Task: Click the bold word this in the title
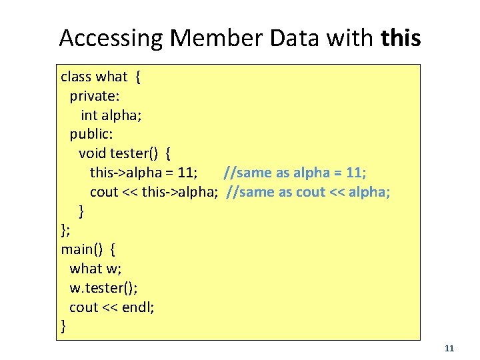(401, 38)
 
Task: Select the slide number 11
(449, 348)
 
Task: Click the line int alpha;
(111, 115)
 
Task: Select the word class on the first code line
(75, 77)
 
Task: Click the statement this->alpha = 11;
(143, 173)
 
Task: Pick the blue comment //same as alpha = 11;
(295, 173)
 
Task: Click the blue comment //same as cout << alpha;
(308, 192)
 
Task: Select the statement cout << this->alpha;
(154, 192)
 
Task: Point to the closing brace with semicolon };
(65, 231)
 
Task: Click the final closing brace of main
(63, 327)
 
